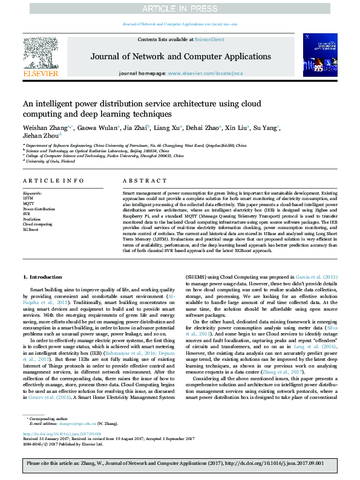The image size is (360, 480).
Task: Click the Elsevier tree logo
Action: [x=41, y=55]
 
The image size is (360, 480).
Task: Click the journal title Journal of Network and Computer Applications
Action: [x=180, y=56]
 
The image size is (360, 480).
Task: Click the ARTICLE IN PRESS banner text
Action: [x=180, y=8]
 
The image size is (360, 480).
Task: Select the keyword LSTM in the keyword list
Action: [x=28, y=198]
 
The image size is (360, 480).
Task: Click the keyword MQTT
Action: [x=28, y=203]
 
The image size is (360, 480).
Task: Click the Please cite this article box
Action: [x=180, y=464]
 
